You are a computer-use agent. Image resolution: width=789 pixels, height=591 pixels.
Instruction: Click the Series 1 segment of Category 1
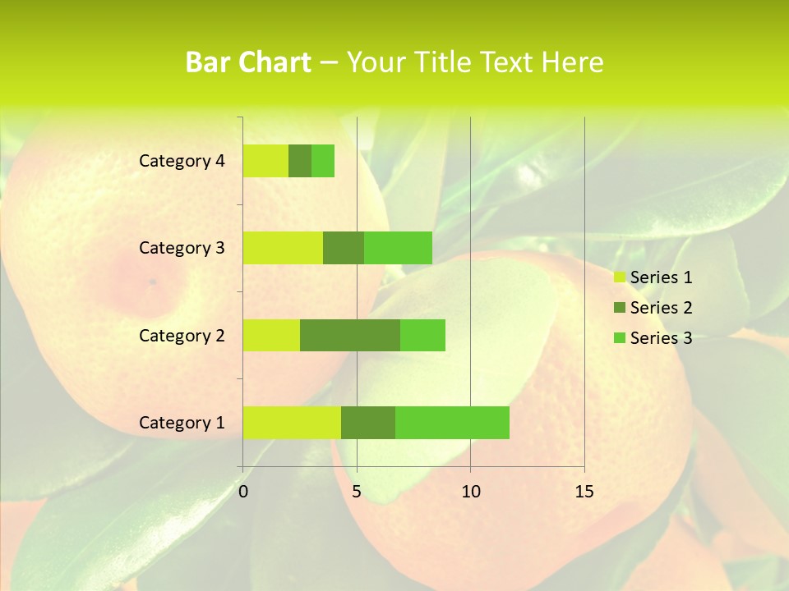point(292,422)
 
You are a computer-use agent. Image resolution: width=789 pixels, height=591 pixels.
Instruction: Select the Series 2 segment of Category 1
point(368,422)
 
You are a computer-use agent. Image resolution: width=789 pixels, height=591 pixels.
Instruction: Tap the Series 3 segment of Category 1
point(452,422)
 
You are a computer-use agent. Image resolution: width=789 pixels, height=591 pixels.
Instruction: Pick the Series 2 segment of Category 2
point(350,335)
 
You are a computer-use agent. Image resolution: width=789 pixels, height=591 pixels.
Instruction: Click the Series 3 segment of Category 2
point(422,335)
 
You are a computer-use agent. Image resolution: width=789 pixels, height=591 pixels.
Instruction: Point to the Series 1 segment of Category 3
point(283,248)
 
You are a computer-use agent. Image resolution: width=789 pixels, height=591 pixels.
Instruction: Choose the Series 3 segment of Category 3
point(398,248)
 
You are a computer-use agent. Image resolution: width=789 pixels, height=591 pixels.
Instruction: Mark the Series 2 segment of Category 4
point(300,161)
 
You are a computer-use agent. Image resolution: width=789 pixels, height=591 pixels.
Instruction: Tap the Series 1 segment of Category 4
point(265,161)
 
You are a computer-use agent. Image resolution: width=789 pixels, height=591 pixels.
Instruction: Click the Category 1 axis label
point(182,423)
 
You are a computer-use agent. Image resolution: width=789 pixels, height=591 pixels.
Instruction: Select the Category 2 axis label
point(182,336)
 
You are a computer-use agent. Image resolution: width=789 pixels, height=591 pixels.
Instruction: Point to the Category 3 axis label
point(182,248)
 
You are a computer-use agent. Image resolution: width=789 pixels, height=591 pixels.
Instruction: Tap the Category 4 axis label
point(182,161)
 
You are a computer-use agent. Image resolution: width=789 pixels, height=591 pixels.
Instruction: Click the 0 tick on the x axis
point(243,492)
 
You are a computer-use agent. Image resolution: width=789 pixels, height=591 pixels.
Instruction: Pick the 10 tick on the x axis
point(470,492)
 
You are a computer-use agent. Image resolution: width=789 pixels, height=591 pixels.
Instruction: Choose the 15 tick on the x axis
point(584,492)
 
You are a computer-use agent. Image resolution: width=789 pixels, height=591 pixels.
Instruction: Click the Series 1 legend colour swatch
point(619,277)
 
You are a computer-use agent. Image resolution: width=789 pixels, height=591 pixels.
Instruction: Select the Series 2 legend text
point(661,308)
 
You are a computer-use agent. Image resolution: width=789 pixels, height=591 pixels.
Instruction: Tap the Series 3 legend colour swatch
point(619,338)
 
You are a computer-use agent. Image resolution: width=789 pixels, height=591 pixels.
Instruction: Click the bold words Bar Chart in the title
point(248,62)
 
